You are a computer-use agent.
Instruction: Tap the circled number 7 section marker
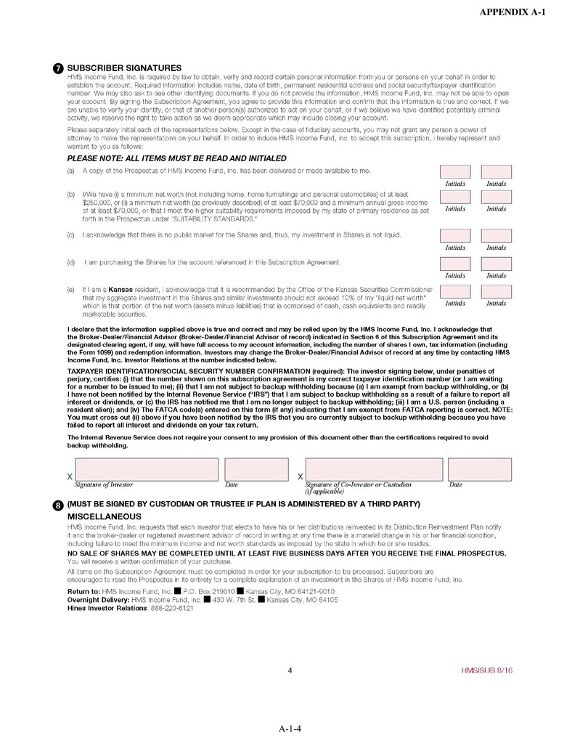[58, 68]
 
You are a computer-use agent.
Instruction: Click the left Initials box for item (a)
[455, 172]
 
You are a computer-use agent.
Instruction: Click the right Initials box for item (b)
[497, 197]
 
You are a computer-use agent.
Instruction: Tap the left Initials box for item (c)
[455, 236]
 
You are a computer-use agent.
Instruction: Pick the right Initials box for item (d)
[497, 264]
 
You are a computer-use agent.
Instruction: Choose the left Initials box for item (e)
[455, 292]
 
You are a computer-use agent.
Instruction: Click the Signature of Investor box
[147, 470]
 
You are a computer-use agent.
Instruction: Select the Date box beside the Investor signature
[246, 470]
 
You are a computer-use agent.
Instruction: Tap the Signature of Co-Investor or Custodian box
[373, 470]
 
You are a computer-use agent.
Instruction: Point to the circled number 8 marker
[58, 506]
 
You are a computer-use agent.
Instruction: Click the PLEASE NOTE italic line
[176, 158]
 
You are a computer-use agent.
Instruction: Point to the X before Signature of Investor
[70, 476]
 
